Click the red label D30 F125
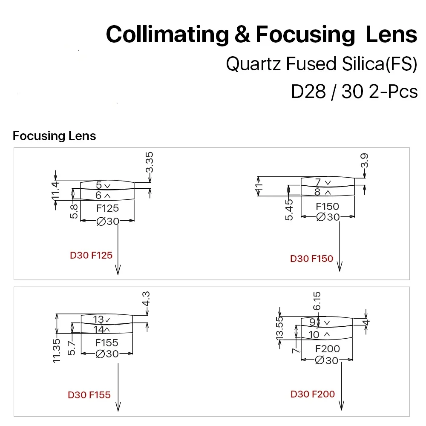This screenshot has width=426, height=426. [91, 256]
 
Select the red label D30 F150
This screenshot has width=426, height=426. [311, 259]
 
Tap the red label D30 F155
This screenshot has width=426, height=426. [89, 395]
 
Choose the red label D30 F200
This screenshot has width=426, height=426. [313, 394]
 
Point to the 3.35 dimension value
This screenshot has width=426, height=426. [149, 163]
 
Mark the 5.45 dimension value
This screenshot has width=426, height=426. [290, 210]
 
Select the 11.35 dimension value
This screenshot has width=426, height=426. [57, 351]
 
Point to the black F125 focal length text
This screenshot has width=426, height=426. [107, 208]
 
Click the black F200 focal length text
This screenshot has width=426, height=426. [328, 349]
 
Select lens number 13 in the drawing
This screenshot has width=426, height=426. [99, 319]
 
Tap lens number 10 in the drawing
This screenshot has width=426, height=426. [314, 334]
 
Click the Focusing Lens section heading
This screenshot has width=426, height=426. [55, 136]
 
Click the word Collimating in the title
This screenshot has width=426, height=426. [167, 35]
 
